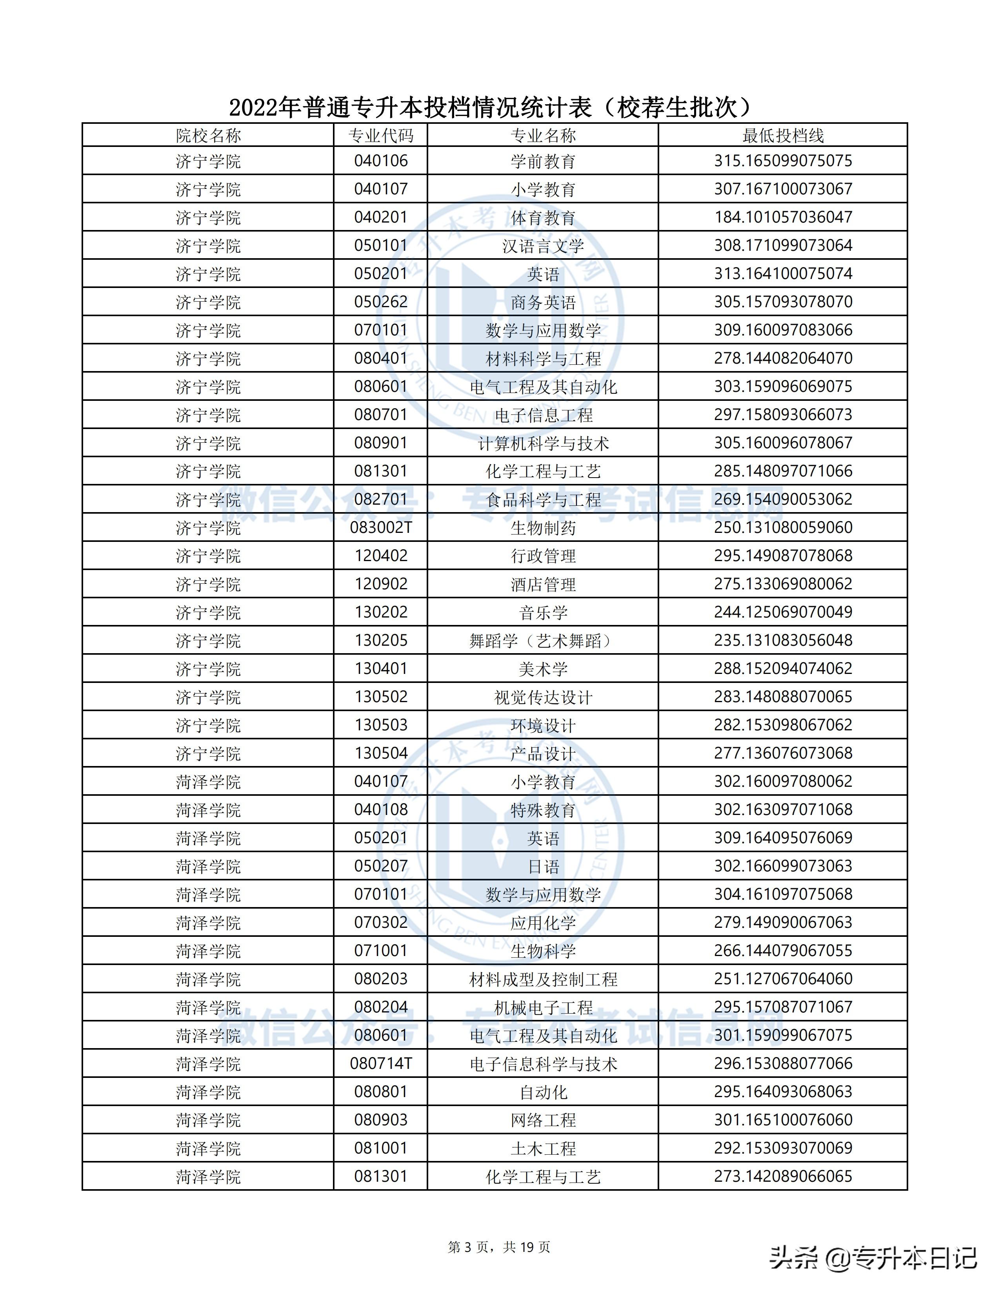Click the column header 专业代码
380,136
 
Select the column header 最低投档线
783,136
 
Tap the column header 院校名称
208,136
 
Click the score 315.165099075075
783,161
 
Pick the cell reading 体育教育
543,217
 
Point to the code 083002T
380,527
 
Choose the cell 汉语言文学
543,246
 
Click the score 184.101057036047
783,217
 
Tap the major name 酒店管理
543,584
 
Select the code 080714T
380,1064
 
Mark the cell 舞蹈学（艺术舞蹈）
543,641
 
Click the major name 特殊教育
543,810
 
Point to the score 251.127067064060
783,979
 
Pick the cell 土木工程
543,1148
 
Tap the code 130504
380,753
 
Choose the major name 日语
543,867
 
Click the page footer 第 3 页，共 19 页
499,1248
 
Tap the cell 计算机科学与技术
543,444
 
